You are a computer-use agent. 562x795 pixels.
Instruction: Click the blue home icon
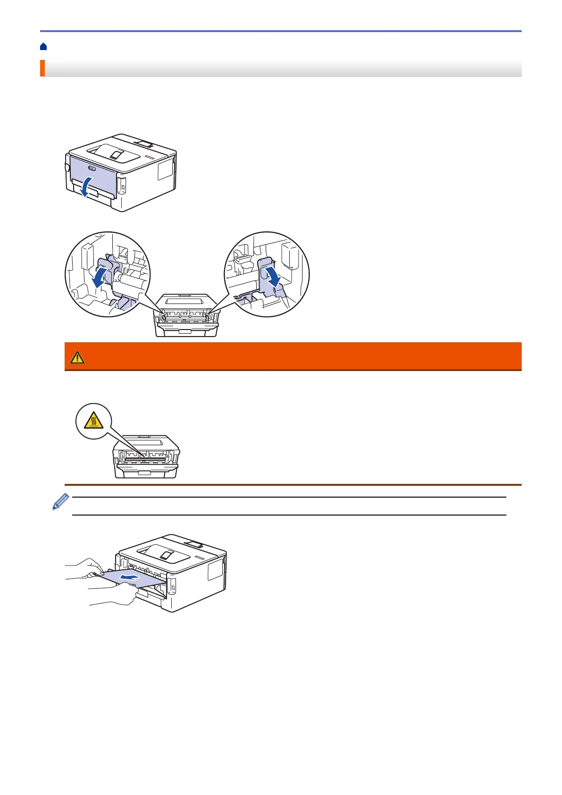43,47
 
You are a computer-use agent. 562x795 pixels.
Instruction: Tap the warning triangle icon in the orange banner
77,358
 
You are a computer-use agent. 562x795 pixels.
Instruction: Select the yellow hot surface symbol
94,421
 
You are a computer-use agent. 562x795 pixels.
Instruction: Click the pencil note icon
60,502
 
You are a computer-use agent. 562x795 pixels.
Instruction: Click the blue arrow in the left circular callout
101,278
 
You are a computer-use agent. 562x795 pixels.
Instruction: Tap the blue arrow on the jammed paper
129,577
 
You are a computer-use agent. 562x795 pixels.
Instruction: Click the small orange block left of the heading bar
42,68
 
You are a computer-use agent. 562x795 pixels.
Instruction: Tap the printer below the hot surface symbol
146,457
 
